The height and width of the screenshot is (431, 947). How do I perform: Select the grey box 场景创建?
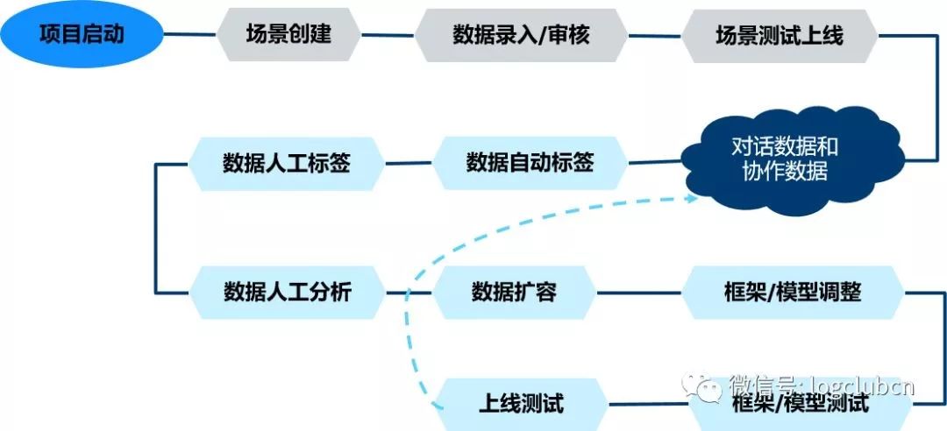(288, 35)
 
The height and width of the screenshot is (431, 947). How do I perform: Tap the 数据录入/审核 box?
(521, 35)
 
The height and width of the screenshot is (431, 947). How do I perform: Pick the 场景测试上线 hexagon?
(780, 35)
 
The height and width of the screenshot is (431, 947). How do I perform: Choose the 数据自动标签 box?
(530, 163)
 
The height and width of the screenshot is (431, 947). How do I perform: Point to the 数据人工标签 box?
(287, 163)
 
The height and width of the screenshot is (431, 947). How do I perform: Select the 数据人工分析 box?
(287, 292)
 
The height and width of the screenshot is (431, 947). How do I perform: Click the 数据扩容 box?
(515, 292)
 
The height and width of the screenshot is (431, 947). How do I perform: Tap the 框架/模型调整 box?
(793, 292)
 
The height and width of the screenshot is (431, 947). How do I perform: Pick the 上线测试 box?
(521, 404)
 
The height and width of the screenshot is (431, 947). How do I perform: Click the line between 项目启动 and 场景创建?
(190, 35)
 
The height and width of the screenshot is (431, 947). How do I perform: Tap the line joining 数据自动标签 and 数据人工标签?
(409, 163)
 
